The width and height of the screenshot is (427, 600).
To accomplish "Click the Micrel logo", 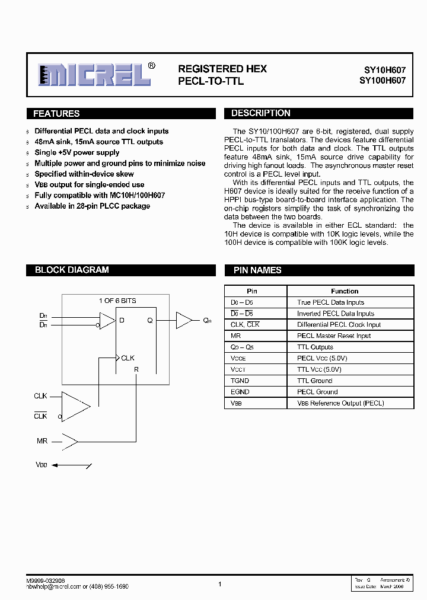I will pyautogui.click(x=93, y=75).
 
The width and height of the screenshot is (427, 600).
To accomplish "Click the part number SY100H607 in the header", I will pyautogui.click(x=383, y=81).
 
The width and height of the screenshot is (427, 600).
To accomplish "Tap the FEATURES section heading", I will pyautogui.click(x=56, y=114).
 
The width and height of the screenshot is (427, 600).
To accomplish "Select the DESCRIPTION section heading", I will pyautogui.click(x=260, y=113).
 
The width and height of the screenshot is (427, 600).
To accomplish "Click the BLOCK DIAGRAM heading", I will pyautogui.click(x=72, y=270).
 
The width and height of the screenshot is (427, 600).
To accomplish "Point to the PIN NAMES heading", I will pyautogui.click(x=257, y=270).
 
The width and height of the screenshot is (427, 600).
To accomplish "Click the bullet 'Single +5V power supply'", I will pyautogui.click(x=77, y=152).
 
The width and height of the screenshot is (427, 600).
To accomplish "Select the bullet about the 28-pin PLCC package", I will pyautogui.click(x=92, y=206).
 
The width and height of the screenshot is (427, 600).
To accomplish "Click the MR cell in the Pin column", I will pyautogui.click(x=235, y=336).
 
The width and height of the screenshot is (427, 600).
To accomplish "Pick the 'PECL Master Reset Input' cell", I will pyautogui.click(x=334, y=336).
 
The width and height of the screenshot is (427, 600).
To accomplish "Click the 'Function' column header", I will pyautogui.click(x=345, y=291).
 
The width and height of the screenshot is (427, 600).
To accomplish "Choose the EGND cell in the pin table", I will pyautogui.click(x=240, y=392).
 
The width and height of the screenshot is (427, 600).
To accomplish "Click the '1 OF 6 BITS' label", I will pyautogui.click(x=117, y=301).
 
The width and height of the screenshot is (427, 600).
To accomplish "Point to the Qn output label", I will pyautogui.click(x=207, y=321).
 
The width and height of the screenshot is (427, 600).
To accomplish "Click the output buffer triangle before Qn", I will pyautogui.click(x=183, y=321).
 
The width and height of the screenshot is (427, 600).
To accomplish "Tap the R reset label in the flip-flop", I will pyautogui.click(x=136, y=369).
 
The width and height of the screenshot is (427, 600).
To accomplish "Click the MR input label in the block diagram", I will pyautogui.click(x=42, y=441).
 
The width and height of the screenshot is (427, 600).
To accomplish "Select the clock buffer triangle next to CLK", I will pyautogui.click(x=74, y=406).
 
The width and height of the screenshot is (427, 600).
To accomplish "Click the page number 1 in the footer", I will pyautogui.click(x=219, y=584).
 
